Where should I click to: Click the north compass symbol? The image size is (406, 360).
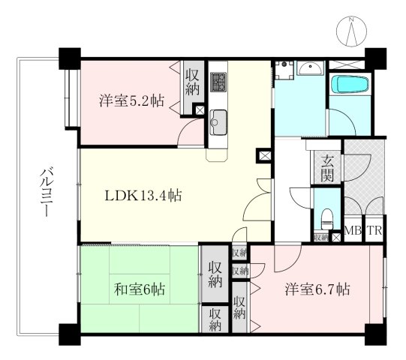(352, 31)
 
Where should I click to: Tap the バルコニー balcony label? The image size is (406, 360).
(47, 191)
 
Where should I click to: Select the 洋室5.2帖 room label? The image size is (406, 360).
(131, 101)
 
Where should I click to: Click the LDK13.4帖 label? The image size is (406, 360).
(143, 196)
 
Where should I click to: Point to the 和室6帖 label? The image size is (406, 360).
(140, 289)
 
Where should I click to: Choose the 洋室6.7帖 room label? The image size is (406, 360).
(317, 289)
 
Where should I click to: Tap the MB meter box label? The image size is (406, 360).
(353, 230)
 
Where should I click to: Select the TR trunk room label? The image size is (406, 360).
(375, 230)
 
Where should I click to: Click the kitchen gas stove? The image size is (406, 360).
(218, 82)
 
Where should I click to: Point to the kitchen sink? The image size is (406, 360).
(218, 122)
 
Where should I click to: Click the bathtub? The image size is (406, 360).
(350, 84)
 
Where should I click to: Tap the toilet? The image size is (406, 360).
(327, 219)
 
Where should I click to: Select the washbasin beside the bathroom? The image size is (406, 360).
(310, 68)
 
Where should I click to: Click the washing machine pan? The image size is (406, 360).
(284, 70)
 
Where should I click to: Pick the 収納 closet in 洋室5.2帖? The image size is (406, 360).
(192, 82)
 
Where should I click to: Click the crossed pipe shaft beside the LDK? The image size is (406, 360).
(264, 156)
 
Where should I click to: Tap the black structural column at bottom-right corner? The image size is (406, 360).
(375, 334)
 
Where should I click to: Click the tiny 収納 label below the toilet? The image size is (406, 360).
(321, 237)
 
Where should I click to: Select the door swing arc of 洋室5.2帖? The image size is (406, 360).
(191, 130)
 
